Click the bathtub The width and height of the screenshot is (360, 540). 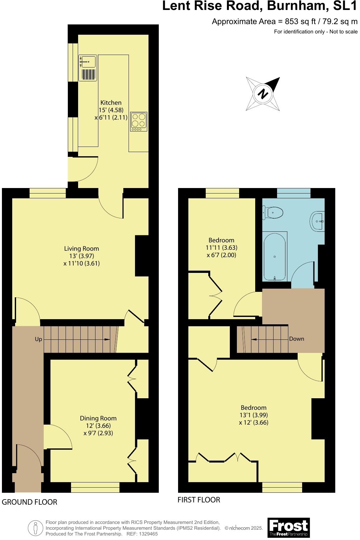tap(275, 256)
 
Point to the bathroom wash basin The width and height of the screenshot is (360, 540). tap(318, 221)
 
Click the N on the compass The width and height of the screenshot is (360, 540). tap(263, 94)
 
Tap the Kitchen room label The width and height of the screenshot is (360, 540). tap(111, 103)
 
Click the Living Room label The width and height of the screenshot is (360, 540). tap(82, 248)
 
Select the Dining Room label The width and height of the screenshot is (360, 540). tap(98, 418)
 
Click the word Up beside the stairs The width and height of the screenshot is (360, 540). tap(39, 339)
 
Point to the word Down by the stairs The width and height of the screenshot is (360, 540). tap(296, 339)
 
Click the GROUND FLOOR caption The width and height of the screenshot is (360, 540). tap(30, 502)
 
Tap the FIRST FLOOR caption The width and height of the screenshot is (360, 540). tap(199, 500)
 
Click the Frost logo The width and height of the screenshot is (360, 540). tap(288, 527)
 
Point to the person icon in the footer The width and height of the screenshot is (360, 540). tap(36, 527)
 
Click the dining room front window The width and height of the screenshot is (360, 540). tap(95, 487)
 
